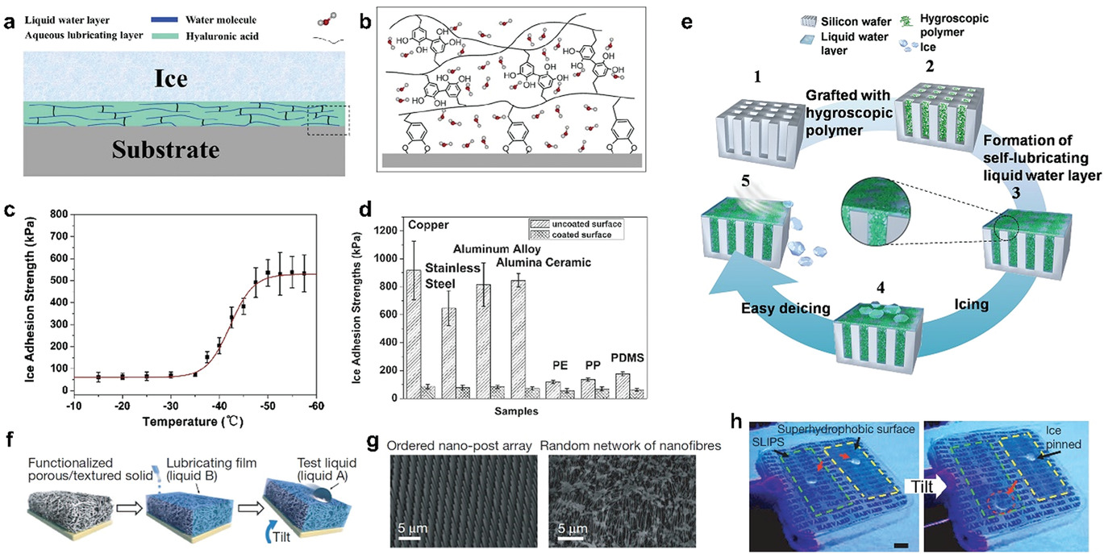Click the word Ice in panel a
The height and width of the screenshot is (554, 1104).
[x=185, y=78]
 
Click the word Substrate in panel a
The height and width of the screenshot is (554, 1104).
[x=185, y=150]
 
